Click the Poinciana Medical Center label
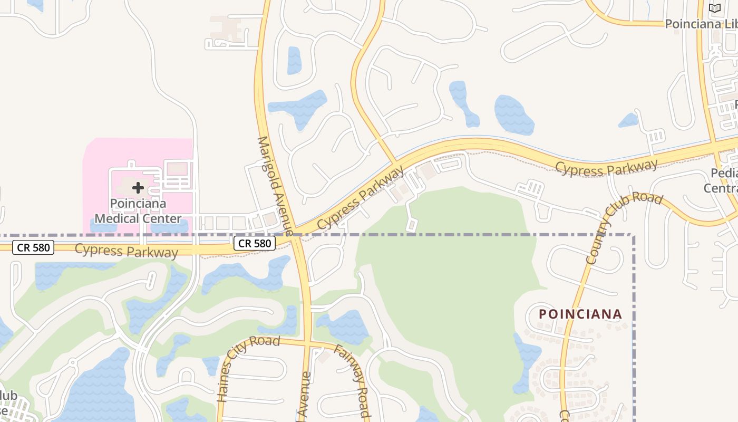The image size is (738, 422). point(138,210)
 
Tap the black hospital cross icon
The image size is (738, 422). point(138,187)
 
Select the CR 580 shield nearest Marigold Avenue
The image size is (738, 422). point(255,243)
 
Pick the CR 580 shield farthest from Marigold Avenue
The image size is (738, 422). point(33,247)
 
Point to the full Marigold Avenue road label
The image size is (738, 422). point(275,186)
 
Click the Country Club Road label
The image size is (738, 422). point(624,228)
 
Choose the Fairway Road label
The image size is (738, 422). point(351,381)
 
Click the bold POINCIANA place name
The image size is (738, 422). point(580,314)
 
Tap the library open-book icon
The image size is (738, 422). point(714,8)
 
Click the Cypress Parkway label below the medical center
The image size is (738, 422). point(127,251)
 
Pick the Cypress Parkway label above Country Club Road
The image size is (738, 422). point(607,167)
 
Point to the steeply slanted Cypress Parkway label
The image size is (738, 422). point(362,197)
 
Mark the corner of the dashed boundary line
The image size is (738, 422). point(633,235)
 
